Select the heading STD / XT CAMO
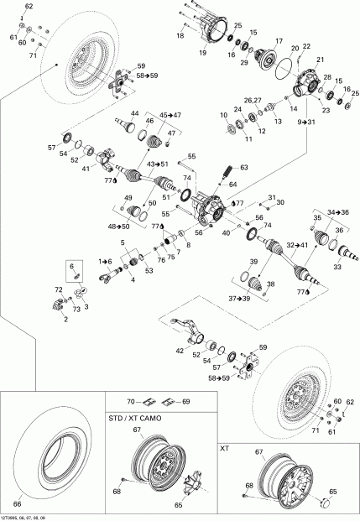pyautogui.click(x=138, y=416)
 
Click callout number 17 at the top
pyautogui.click(x=279, y=39)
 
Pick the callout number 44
pyautogui.click(x=134, y=113)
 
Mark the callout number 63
pyautogui.click(x=245, y=168)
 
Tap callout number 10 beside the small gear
pyautogui.click(x=223, y=115)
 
